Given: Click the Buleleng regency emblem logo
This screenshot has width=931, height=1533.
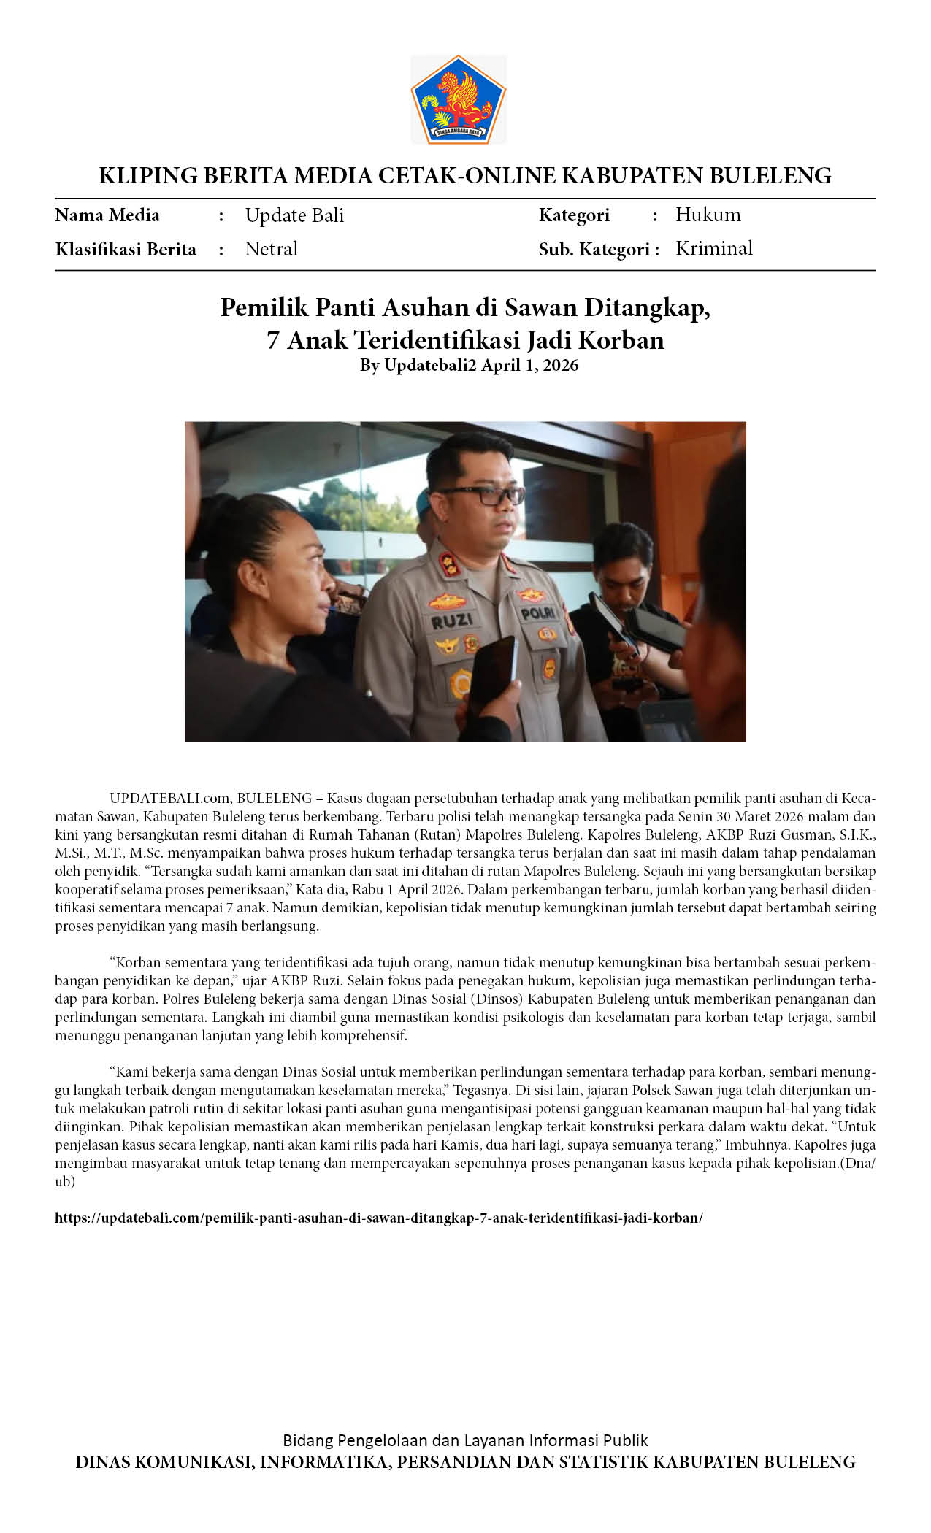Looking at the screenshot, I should click(459, 99).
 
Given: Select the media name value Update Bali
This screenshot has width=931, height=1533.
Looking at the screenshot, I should click(294, 215).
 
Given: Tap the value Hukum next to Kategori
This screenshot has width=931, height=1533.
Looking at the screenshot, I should click(708, 215).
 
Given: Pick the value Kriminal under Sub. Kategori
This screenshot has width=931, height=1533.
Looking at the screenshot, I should click(713, 248).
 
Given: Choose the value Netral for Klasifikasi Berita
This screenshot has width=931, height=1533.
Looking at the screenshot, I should click(271, 249).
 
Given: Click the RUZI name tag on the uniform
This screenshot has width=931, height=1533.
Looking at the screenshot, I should click(452, 621).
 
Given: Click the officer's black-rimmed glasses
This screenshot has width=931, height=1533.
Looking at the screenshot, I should click(486, 494).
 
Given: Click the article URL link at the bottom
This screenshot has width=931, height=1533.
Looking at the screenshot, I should click(378, 1218).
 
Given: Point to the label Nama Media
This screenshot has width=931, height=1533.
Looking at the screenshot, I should click(107, 215).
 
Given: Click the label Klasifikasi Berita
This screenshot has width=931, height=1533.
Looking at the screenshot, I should click(126, 250).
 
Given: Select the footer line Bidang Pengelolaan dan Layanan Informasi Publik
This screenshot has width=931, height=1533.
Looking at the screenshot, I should click(465, 1440).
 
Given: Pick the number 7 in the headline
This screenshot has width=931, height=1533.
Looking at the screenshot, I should click(273, 341).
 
